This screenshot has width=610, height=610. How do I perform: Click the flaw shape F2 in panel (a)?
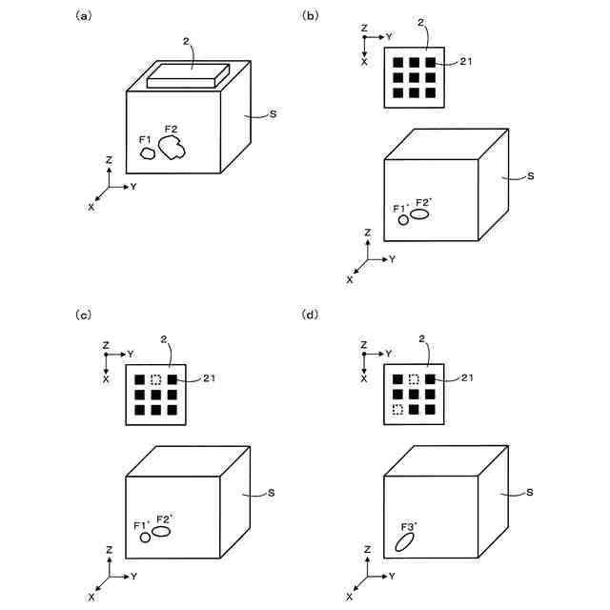[172, 148]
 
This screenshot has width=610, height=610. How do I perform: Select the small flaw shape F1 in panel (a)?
[148, 152]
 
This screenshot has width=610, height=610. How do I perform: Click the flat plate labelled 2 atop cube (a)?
[188, 76]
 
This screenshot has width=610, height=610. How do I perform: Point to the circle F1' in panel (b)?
[403, 220]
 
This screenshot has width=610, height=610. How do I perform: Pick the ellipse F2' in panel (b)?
[419, 213]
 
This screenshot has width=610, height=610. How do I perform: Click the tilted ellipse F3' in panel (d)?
[405, 543]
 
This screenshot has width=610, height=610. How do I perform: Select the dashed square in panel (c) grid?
[156, 379]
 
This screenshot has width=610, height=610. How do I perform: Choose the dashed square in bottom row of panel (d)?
[397, 410]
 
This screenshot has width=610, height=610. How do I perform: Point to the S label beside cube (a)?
[274, 114]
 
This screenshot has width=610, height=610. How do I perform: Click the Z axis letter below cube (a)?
[110, 160]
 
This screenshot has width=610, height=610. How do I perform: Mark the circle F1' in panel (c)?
[145, 538]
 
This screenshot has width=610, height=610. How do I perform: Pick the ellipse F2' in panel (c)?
[162, 531]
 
